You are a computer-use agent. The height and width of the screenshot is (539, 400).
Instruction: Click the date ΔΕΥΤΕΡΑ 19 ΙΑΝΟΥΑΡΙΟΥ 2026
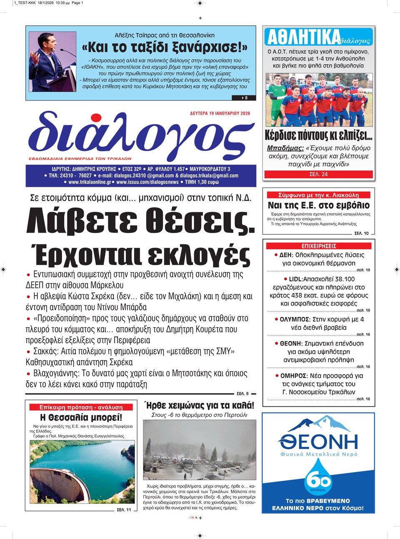(x=220, y=113)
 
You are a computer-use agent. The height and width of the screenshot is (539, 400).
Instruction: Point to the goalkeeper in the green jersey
(x=275, y=99)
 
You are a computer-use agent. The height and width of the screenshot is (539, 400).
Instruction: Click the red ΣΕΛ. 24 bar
(x=319, y=174)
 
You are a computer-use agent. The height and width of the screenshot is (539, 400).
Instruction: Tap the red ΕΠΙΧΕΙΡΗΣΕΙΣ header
(x=319, y=246)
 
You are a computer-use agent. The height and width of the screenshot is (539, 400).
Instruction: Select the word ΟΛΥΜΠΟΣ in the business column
(x=295, y=319)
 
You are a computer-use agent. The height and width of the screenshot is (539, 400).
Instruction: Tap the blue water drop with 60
(x=318, y=479)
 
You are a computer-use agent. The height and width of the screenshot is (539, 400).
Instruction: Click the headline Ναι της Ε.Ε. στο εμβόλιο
(x=319, y=205)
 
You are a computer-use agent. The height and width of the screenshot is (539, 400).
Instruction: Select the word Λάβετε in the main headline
(x=82, y=221)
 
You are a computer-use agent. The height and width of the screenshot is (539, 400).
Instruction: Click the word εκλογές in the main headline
(x=199, y=255)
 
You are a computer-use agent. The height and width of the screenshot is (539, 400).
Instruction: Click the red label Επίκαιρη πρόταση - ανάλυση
(x=81, y=407)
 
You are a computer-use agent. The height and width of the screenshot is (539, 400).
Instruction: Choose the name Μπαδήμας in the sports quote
(x=285, y=148)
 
